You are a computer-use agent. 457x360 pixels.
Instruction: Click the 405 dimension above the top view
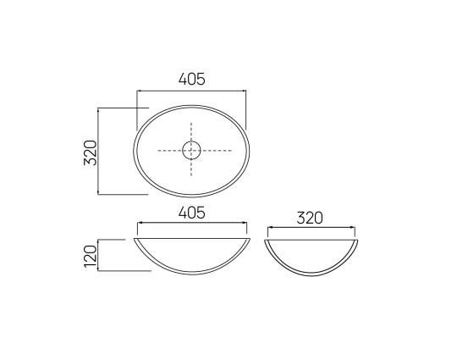(x=192, y=79)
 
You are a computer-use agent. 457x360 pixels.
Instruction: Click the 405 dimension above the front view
(x=192, y=213)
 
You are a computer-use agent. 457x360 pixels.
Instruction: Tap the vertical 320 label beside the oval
(x=90, y=152)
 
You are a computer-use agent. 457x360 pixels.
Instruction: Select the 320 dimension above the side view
(x=310, y=218)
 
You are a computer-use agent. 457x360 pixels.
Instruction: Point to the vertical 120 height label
(x=90, y=257)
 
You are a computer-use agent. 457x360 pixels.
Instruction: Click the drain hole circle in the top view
(x=191, y=151)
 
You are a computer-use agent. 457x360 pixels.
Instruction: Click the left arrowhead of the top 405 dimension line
(x=139, y=91)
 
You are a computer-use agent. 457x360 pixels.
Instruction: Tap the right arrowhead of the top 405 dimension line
(x=244, y=91)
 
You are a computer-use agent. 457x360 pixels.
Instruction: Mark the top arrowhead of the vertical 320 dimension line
(x=98, y=110)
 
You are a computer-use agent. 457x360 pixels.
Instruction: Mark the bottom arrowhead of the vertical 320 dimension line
(x=98, y=192)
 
